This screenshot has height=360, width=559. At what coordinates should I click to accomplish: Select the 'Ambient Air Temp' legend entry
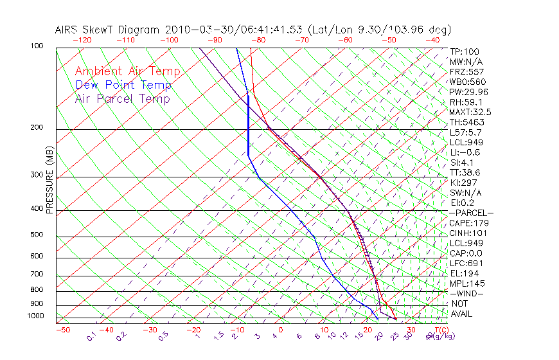click(127, 71)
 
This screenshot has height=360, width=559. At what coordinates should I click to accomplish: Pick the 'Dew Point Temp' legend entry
click(123, 85)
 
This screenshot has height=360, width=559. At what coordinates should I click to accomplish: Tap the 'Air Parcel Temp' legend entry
click(122, 98)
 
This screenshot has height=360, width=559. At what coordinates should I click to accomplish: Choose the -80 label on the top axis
click(258, 39)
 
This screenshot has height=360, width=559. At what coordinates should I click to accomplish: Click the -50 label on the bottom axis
click(62, 330)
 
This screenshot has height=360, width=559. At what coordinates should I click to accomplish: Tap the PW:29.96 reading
click(469, 92)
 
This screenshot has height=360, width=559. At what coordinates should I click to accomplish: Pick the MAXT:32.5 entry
click(471, 112)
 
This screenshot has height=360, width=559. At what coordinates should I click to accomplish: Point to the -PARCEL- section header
click(471, 213)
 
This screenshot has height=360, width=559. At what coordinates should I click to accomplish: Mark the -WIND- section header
click(466, 294)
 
